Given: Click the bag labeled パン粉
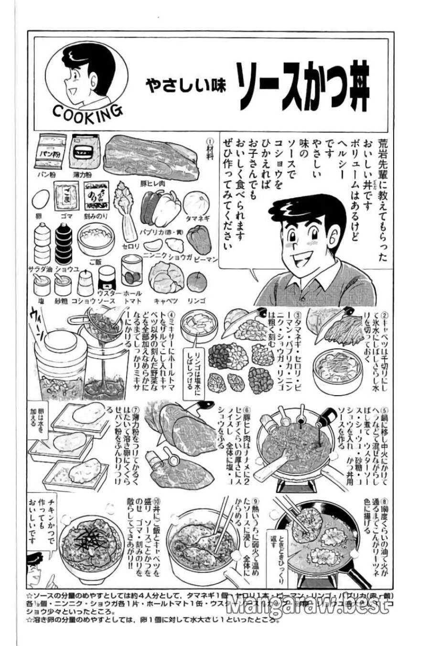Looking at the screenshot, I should click(x=51, y=151).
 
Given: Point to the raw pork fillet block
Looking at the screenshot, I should click(x=149, y=156).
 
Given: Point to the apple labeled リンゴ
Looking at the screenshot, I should click(x=196, y=282).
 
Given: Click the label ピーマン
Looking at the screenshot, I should click(x=206, y=258).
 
